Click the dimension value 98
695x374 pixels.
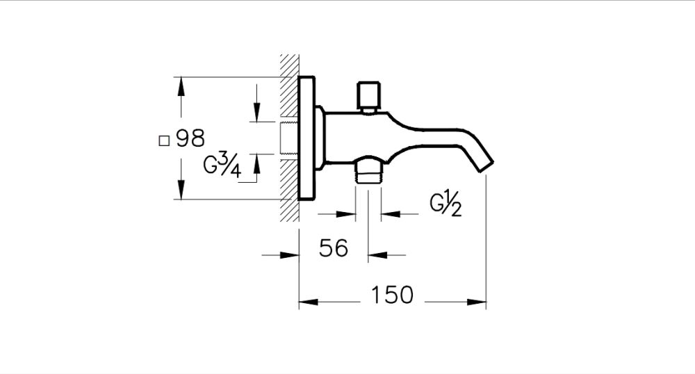coord(190,139)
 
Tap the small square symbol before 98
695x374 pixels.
coord(164,140)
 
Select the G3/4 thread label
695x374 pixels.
coord(222,167)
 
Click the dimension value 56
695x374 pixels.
coord(333,247)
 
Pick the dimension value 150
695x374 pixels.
coord(391,295)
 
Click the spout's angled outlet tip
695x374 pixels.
coord(484,164)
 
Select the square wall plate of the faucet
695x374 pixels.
coord(306,139)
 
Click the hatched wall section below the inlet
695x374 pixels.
coord(288,191)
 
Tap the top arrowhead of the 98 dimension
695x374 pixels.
coord(181,85)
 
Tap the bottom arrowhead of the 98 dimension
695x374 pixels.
coord(181,192)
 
